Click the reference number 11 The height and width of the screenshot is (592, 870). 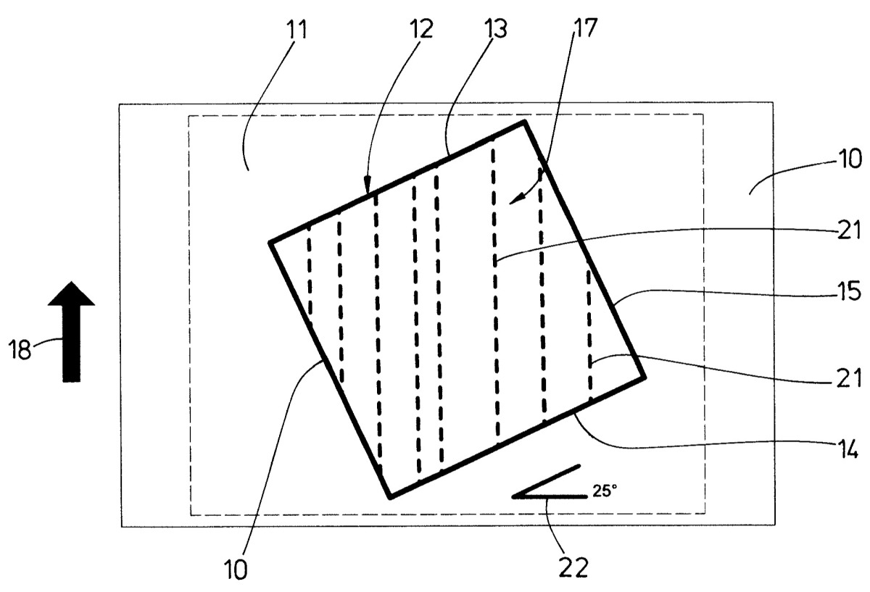tap(297, 30)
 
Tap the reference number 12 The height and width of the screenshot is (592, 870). tap(420, 30)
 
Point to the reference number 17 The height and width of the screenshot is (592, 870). tap(584, 28)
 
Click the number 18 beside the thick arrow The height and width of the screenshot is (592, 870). tap(20, 349)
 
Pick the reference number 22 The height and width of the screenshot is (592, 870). tap(573, 567)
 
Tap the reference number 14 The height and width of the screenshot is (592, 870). tap(848, 449)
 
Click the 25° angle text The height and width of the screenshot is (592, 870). tap(605, 491)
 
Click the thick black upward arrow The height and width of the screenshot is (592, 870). tap(72, 332)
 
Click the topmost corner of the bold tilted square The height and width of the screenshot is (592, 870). tap(525, 122)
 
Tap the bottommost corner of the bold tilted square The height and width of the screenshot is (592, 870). tap(390, 498)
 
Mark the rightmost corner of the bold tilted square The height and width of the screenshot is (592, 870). tap(645, 377)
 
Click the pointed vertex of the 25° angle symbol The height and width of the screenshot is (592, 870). tap(513, 496)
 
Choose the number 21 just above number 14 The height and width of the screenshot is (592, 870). tap(850, 378)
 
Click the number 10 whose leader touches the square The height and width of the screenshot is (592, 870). tap(236, 570)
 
